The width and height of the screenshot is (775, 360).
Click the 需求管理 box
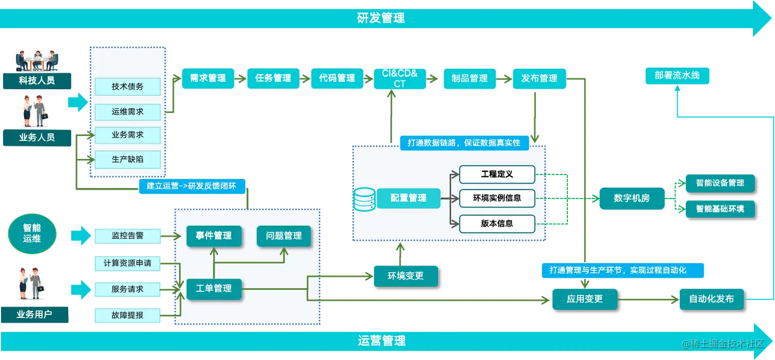coord(208,78)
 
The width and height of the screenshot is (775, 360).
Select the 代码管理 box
coord(337,78)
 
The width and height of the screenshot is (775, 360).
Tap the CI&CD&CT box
coord(400,78)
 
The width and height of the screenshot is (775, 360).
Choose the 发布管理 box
coord(539,78)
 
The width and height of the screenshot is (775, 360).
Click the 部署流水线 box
coord(677,76)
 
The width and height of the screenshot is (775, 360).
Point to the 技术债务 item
coord(128,87)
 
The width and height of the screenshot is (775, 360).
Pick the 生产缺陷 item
coord(128,159)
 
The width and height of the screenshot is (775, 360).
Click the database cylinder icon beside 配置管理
coord(364,198)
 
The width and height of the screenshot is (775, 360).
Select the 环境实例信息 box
coord(497,197)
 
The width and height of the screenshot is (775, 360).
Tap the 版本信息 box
coord(497,223)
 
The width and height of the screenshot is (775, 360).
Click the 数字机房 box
coord(631,198)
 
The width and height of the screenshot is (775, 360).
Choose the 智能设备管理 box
coord(720,183)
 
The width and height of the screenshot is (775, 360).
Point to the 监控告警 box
coord(128,236)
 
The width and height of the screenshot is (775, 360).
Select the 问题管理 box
coord(283,236)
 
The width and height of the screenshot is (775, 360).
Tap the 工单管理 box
coord(214,289)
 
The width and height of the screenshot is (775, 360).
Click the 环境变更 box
coord(405,276)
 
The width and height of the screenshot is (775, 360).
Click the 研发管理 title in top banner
coord(381,18)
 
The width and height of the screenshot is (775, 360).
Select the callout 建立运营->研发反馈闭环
coord(191,186)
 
